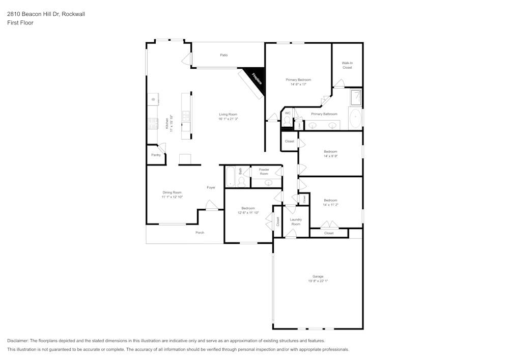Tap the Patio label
click(223, 55)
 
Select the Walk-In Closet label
click(347, 65)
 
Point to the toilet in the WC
click(287, 121)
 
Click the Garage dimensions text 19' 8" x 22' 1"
click(318, 281)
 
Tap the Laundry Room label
click(296, 222)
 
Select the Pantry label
click(156, 155)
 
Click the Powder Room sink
click(269, 182)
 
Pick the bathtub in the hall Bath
click(230, 177)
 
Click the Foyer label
click(211, 187)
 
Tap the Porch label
click(200, 233)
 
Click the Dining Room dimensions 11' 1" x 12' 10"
click(172, 197)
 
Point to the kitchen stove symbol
click(152, 123)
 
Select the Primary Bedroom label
click(298, 80)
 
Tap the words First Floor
click(20, 23)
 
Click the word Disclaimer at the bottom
click(18, 341)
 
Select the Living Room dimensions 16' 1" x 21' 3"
click(229, 119)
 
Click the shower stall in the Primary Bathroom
click(356, 97)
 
